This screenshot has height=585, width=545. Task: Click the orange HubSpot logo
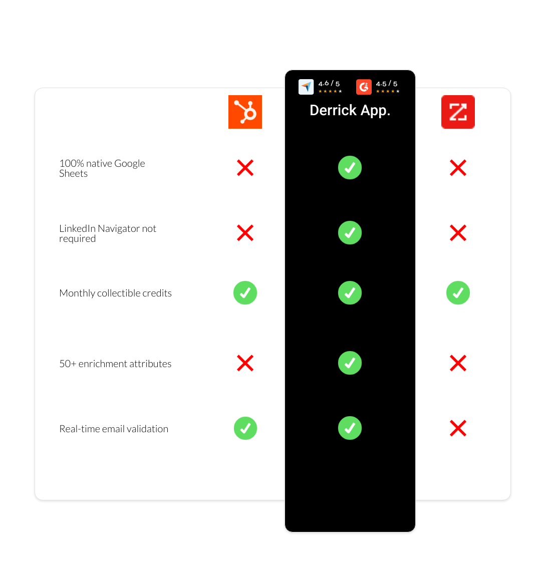(245, 112)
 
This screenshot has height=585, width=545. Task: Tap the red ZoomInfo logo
(458, 112)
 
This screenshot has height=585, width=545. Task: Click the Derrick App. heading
(350, 110)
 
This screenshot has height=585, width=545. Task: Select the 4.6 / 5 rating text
(329, 84)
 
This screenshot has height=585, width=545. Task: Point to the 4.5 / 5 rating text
(387, 84)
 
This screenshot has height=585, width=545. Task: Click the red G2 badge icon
(364, 87)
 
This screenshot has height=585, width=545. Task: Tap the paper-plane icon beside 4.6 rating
(306, 87)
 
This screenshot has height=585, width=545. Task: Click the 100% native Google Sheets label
(102, 168)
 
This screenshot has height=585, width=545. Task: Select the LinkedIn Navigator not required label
(108, 233)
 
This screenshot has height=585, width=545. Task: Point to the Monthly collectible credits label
(115, 293)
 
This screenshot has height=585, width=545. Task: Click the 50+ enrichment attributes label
(115, 364)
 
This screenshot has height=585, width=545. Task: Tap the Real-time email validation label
(114, 429)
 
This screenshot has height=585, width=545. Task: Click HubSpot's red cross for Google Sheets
(245, 168)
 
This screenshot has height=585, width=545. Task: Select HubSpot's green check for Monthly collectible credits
(245, 293)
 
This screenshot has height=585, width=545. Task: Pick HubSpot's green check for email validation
(245, 428)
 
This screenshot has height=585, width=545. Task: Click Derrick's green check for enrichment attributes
(350, 363)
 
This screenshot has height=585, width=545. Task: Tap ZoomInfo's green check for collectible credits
(458, 293)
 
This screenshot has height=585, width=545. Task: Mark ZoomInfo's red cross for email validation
(458, 428)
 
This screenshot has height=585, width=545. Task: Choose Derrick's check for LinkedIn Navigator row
(350, 233)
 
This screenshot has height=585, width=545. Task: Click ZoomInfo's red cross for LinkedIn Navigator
(458, 233)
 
